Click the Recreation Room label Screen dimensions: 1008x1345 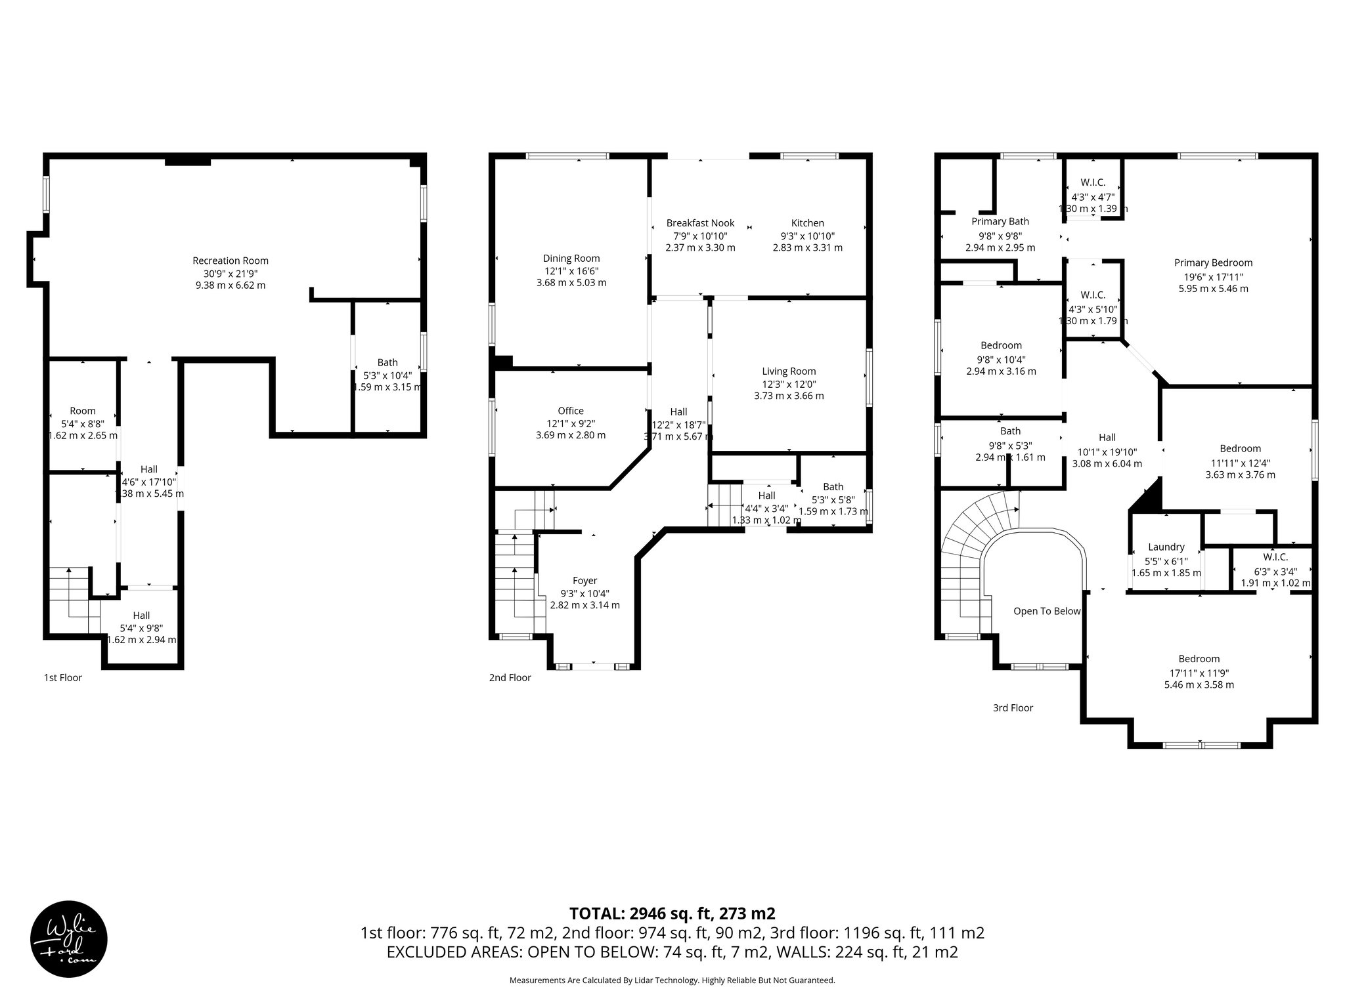[x=230, y=261]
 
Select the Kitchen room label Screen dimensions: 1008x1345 [x=807, y=223]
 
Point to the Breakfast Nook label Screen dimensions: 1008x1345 [x=700, y=223]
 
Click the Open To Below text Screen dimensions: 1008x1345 [x=1046, y=611]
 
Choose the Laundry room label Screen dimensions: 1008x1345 [x=1166, y=547]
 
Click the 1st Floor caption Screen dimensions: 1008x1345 [x=63, y=677]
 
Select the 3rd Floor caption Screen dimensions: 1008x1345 [x=1013, y=707]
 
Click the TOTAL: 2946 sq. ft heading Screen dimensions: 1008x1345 [x=672, y=913]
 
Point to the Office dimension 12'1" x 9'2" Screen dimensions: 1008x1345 [x=570, y=423]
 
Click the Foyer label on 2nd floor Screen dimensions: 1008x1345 [x=584, y=580]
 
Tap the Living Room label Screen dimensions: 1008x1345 [x=789, y=371]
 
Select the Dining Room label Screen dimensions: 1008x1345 [x=571, y=258]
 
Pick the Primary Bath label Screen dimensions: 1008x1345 [x=1000, y=221]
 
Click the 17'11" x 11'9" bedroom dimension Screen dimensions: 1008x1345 [x=1199, y=673]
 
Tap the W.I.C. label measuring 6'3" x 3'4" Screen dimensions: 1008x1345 [x=1275, y=557]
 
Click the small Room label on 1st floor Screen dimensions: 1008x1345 [x=83, y=411]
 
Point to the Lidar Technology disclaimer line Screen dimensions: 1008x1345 [x=672, y=980]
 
